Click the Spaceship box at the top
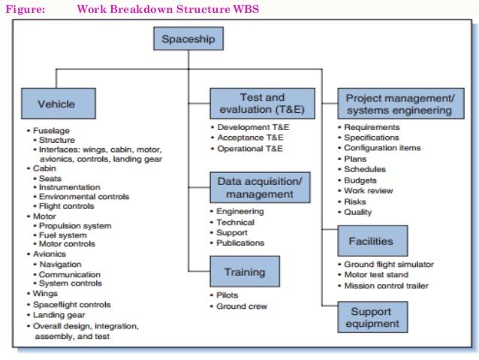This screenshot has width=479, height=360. click(x=188, y=38)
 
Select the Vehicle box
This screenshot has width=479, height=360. click(x=59, y=104)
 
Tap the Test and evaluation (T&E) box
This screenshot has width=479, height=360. click(x=262, y=104)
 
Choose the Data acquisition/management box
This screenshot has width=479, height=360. click(x=260, y=187)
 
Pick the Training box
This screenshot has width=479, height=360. click(x=245, y=271)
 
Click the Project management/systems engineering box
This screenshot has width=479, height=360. click(x=401, y=104)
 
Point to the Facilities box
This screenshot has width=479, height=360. click(x=372, y=241)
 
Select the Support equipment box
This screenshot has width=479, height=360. click(x=372, y=317)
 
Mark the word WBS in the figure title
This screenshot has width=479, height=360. click(x=246, y=9)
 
